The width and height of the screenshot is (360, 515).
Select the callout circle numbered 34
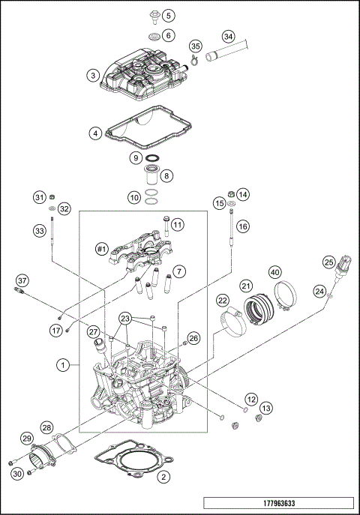click(229, 35)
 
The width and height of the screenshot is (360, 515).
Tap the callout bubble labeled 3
click(93, 75)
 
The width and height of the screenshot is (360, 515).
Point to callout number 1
click(64, 365)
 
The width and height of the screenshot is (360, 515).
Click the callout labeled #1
click(103, 248)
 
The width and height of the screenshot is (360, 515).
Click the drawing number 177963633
click(277, 503)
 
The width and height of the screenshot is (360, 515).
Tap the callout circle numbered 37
click(22, 280)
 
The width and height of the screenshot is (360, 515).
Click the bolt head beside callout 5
click(152, 14)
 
